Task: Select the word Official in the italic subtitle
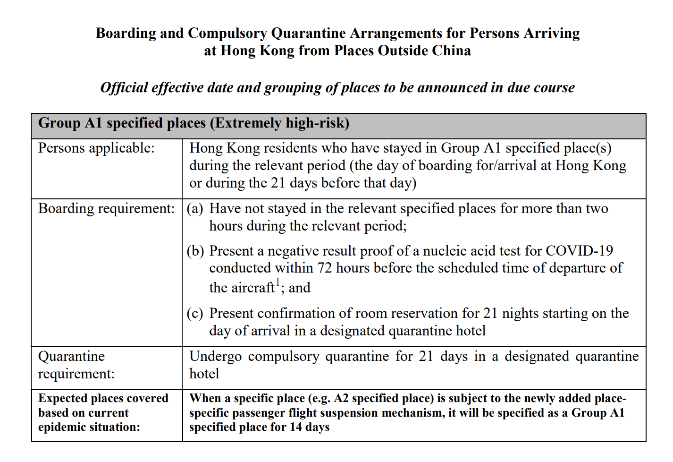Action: click(x=124, y=88)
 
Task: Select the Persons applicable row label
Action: click(x=96, y=148)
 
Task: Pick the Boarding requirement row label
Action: click(x=106, y=209)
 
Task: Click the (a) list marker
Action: click(x=195, y=209)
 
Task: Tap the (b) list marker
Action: click(x=195, y=251)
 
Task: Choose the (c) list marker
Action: click(x=195, y=314)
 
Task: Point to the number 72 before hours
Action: click(x=325, y=268)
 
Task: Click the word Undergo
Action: click(x=215, y=357)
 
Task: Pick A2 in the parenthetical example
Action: click(x=342, y=399)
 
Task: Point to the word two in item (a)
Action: click(x=597, y=209)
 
